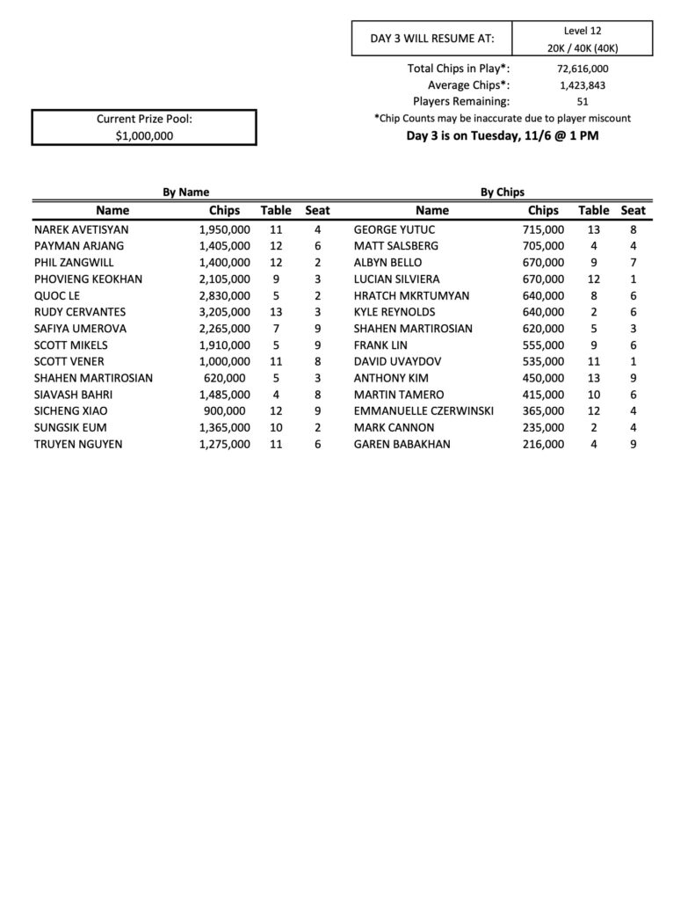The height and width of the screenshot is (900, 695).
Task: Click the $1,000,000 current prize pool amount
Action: click(x=144, y=135)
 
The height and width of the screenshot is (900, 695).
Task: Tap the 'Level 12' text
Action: click(x=582, y=30)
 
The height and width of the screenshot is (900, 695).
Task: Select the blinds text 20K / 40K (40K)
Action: click(x=582, y=47)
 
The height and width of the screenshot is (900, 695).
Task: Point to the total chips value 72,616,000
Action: click(x=583, y=69)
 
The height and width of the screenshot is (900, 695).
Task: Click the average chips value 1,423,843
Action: click(x=583, y=85)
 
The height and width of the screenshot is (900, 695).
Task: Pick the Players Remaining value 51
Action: click(x=583, y=102)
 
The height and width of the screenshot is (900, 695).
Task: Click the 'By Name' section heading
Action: click(x=185, y=192)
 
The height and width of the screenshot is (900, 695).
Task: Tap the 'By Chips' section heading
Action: click(x=503, y=192)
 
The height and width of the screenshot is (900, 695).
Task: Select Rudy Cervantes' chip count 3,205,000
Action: click(x=224, y=312)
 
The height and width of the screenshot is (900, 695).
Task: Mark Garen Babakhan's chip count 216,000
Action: click(x=543, y=444)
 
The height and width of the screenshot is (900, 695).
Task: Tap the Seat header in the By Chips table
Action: click(x=633, y=210)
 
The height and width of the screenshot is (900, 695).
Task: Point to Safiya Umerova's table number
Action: click(x=275, y=329)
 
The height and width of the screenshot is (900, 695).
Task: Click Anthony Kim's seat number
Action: click(x=633, y=378)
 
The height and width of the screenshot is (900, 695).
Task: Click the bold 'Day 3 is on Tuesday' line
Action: click(x=502, y=136)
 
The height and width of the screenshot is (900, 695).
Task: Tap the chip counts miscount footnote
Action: click(x=502, y=119)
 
